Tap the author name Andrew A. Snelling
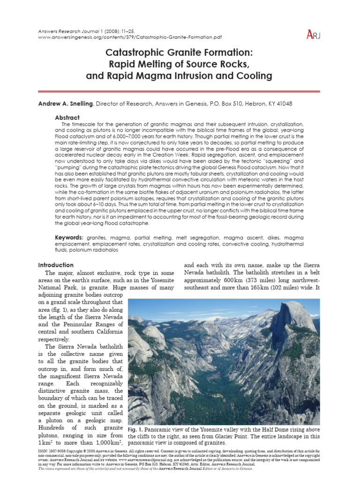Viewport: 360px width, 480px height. point(65,104)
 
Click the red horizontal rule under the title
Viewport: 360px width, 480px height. point(180,91)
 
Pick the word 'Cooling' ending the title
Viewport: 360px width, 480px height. point(254,75)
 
